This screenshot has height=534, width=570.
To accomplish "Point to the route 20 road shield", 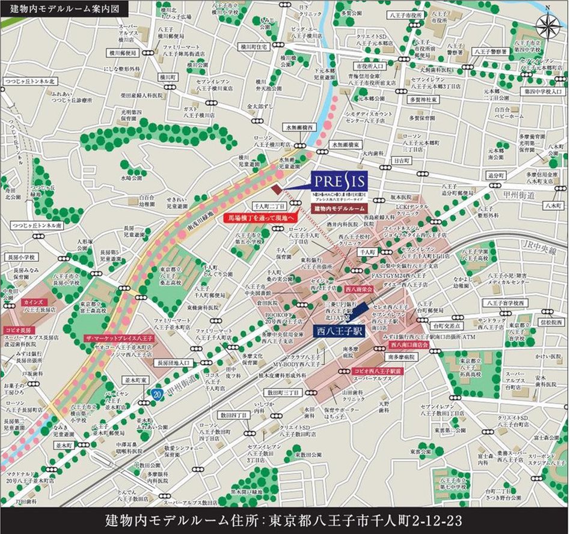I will point(156,393).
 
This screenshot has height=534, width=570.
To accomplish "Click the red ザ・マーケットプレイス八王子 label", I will point(119,339).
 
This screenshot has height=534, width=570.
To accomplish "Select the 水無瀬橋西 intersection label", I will point(299,128).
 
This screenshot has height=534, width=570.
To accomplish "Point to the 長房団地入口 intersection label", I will point(174,363).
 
